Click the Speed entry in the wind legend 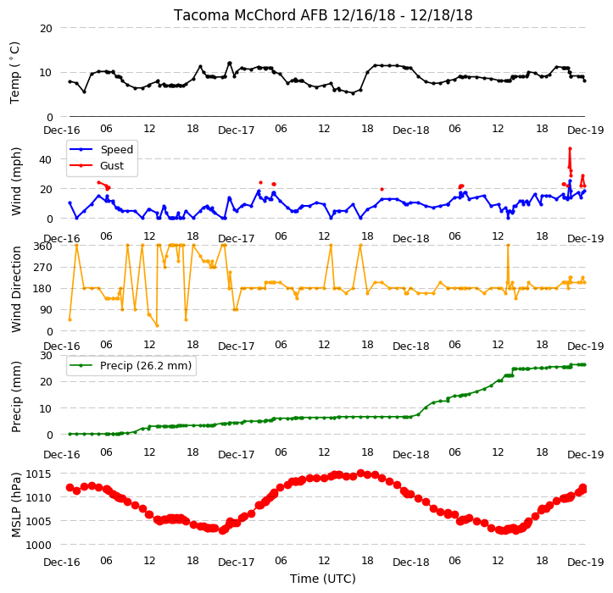pos(116,149)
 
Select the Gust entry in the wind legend pos(112,166)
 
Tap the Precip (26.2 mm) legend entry pos(146,366)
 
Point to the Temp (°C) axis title pos(15,73)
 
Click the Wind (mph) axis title pos(15,181)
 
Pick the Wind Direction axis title pos(15,290)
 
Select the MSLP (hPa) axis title pos(15,505)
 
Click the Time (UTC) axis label pos(322,579)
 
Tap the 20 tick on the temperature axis pos(46,28)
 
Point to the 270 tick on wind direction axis pos(43,268)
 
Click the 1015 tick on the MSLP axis pos(39,474)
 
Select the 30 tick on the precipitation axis pos(46,356)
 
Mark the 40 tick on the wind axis pos(46,159)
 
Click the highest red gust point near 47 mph pos(570,149)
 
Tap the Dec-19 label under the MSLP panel pos(586,563)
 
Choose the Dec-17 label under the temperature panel pos(237,130)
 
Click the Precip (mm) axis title pos(15,397)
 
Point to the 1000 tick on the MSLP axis pos(39,545)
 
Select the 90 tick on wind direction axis pos(46,310)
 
